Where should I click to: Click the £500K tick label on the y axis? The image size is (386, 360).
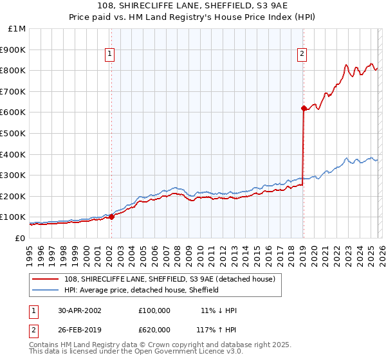(13, 133)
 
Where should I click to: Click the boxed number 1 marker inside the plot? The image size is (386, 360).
(111, 55)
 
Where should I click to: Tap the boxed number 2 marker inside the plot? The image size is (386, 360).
(301, 55)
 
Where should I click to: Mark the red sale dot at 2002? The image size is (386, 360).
(112, 217)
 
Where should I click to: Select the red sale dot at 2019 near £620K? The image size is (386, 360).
(303, 109)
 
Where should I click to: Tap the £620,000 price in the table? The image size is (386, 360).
(154, 329)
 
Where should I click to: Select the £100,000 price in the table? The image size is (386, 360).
(154, 310)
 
